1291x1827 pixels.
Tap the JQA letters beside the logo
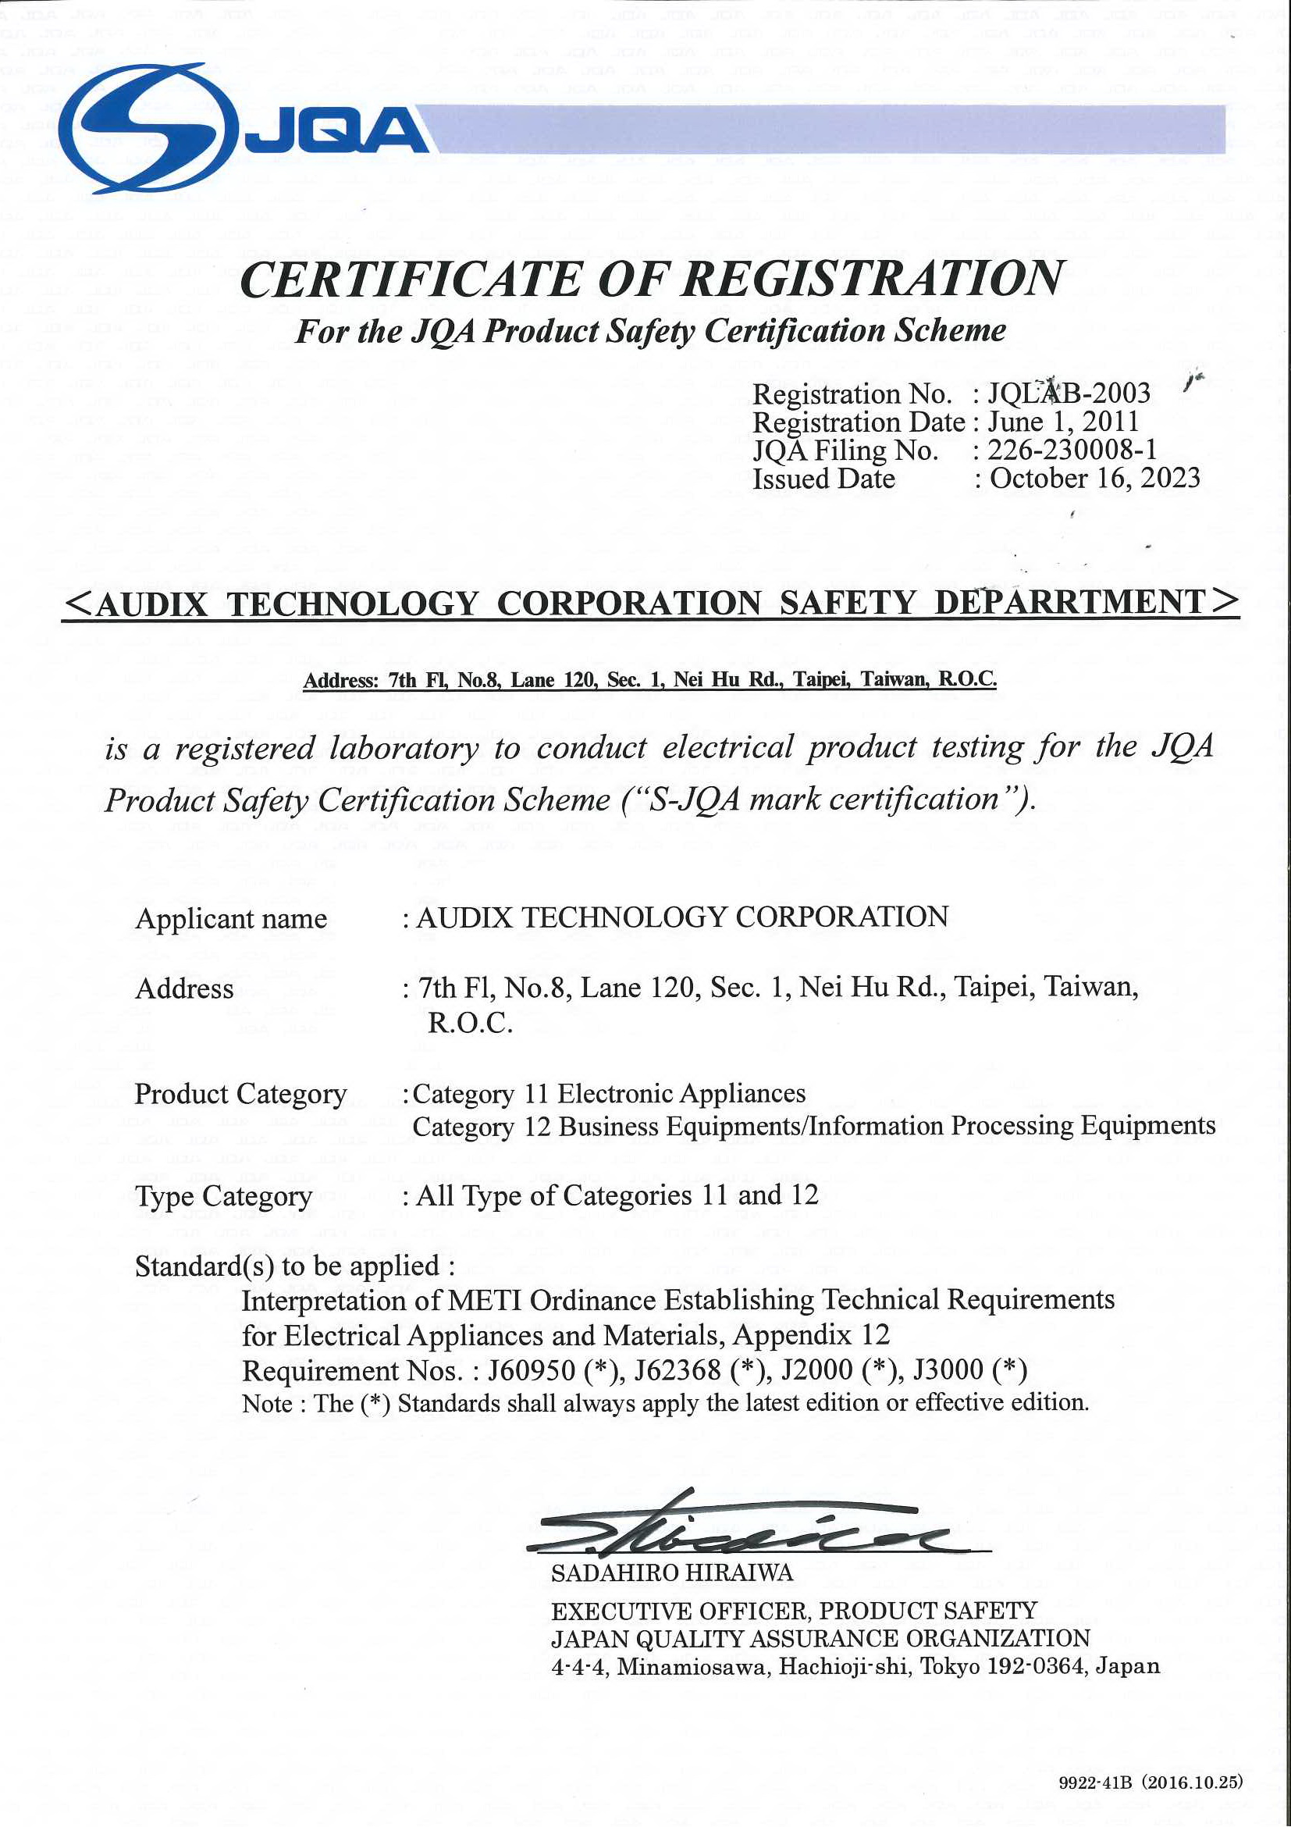point(337,132)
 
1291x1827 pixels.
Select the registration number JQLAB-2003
point(1069,393)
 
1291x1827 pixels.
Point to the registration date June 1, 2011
point(1063,422)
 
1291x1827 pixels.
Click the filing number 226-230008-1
point(1072,451)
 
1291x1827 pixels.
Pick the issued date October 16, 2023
point(1094,479)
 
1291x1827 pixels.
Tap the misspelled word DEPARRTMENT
point(1070,603)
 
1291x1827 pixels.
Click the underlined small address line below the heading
point(649,679)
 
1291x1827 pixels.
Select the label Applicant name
point(231,918)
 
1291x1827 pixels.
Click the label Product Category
point(240,1094)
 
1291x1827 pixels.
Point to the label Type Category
point(223,1196)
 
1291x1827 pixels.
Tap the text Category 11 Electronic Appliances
point(609,1094)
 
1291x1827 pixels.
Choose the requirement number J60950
point(532,1370)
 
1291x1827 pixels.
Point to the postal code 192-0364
point(1033,1666)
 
